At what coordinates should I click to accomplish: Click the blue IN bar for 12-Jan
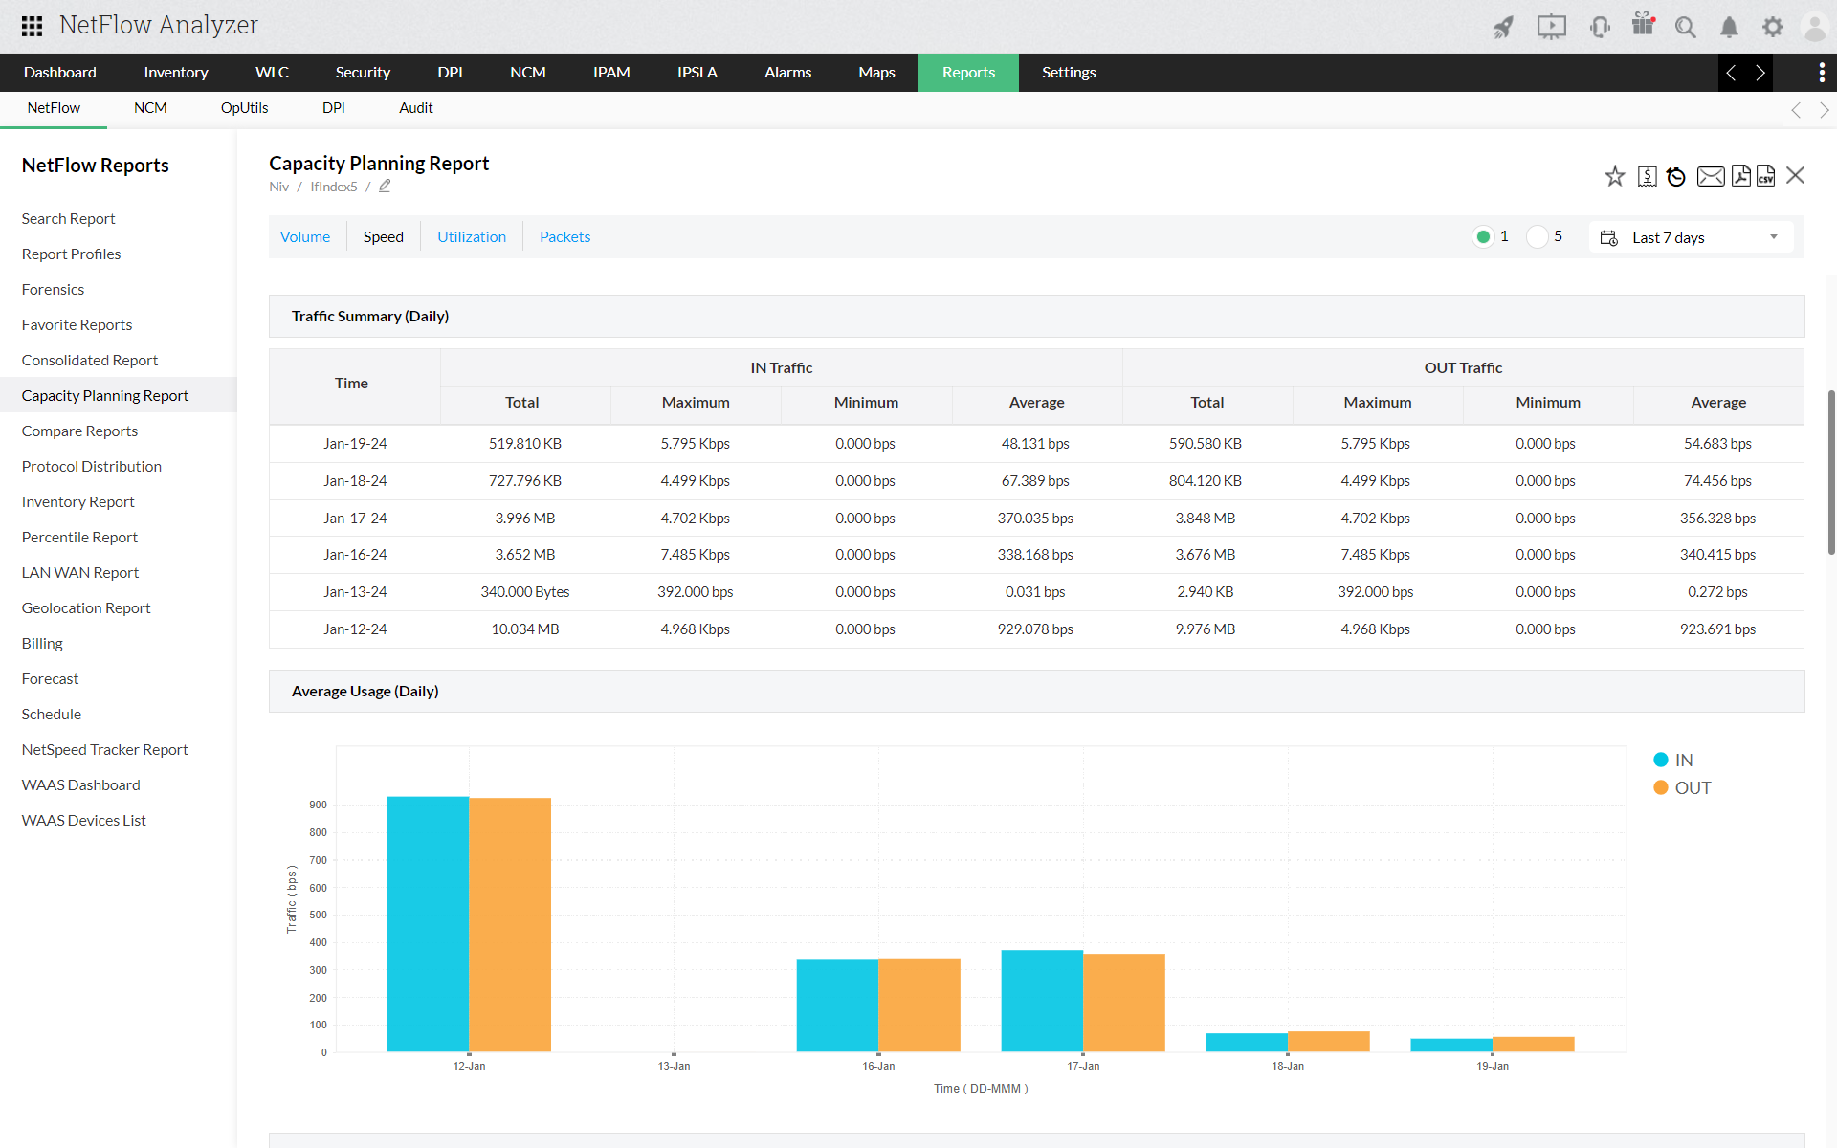tap(428, 923)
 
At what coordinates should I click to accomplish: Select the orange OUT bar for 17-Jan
tap(1124, 1002)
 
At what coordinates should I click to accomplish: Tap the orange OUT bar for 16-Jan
tap(919, 1004)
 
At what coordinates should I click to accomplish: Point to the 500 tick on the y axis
tap(318, 915)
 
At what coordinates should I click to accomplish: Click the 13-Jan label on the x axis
tap(674, 1066)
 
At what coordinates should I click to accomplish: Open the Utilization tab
tap(472, 237)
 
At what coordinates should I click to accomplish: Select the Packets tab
tap(564, 237)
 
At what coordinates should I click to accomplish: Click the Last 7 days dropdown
tap(1691, 237)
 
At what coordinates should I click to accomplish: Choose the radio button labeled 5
tap(1538, 237)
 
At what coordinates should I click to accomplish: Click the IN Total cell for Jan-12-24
tap(524, 629)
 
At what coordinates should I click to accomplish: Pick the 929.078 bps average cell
tap(1035, 629)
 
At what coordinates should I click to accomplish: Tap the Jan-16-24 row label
tap(355, 555)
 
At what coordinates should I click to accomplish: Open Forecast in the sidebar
tap(50, 679)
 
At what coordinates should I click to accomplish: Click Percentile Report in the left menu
tap(79, 538)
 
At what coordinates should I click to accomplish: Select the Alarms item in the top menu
tap(787, 73)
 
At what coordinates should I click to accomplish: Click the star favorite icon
tap(1615, 176)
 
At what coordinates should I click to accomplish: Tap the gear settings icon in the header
tap(1773, 27)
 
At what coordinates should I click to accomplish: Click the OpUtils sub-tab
tap(244, 108)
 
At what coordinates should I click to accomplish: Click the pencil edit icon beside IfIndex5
tap(385, 187)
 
